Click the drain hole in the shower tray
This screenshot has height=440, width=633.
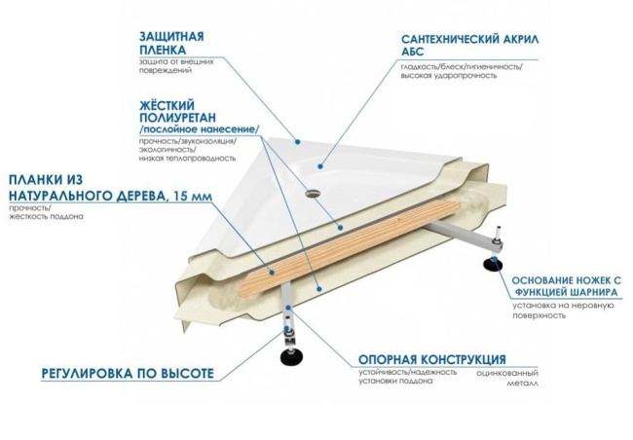(x=314, y=191)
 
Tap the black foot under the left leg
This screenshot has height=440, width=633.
(x=290, y=357)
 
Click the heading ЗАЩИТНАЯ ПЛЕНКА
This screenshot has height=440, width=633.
(x=171, y=45)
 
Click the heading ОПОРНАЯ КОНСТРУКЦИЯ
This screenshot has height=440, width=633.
(x=431, y=359)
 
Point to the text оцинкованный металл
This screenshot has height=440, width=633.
(x=507, y=378)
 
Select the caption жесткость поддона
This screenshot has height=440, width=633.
(x=47, y=216)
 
